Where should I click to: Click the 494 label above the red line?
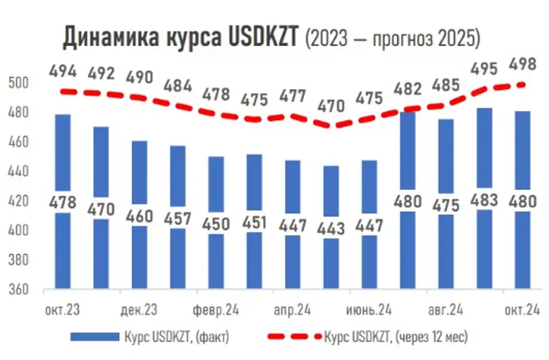click(62, 72)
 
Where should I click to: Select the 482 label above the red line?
click(408, 90)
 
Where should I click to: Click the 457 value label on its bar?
click(178, 216)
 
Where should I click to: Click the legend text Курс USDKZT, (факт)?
click(176, 337)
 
